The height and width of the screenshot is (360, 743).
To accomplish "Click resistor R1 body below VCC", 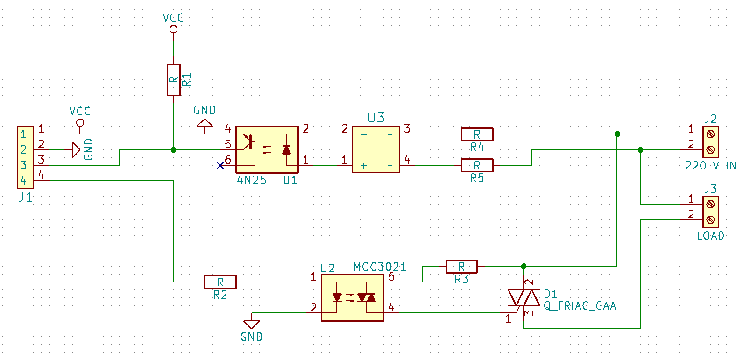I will tap(173, 80).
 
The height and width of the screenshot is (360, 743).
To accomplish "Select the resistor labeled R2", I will tap(220, 282).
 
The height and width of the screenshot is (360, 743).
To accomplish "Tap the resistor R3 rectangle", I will tap(461, 267).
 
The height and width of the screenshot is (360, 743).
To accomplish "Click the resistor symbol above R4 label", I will tap(477, 134).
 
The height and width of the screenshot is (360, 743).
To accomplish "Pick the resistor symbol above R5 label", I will tap(477, 165).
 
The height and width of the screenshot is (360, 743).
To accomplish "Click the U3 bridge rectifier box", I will tap(375, 149).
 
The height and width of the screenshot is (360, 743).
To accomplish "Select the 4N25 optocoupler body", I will tap(267, 149).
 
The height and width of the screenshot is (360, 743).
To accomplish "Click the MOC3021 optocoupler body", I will tap(353, 297).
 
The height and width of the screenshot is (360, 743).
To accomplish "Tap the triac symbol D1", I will tap(524, 297).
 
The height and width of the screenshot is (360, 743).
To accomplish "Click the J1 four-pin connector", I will tap(25, 157).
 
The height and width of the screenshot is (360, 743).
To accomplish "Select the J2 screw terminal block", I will tap(710, 142).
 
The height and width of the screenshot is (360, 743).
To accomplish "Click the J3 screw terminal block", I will tap(710, 212).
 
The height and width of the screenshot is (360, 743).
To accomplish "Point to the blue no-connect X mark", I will tap(220, 165).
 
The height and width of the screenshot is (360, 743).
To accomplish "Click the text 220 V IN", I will tap(710, 166).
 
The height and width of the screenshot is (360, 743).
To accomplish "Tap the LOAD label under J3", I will tap(710, 236).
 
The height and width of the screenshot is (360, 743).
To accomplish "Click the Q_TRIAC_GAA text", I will tap(580, 306).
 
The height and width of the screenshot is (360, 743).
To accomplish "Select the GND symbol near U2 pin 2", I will tap(251, 324).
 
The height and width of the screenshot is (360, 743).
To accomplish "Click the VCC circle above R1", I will tap(173, 29).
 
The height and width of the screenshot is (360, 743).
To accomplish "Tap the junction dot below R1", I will tap(173, 149).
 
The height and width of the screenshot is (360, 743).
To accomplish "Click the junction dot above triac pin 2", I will tap(524, 266).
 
